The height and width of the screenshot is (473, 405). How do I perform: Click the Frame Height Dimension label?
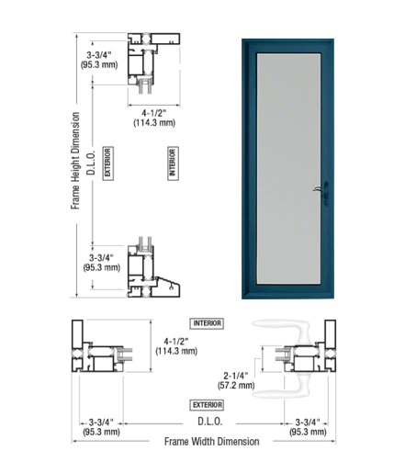(75, 161)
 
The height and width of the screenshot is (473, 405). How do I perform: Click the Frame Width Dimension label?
(211, 442)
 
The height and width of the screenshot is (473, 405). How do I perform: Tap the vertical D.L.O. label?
(91, 163)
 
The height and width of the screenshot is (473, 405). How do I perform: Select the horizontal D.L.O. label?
(210, 422)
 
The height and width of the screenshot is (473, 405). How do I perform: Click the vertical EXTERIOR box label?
(107, 163)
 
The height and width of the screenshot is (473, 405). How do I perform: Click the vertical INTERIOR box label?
(173, 163)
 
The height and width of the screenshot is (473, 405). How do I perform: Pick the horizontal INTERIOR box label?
(207, 323)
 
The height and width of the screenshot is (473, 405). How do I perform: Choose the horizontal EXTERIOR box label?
(207, 405)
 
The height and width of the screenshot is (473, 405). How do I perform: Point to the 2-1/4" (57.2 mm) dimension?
(236, 380)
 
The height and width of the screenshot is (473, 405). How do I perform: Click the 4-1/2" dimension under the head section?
(154, 118)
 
